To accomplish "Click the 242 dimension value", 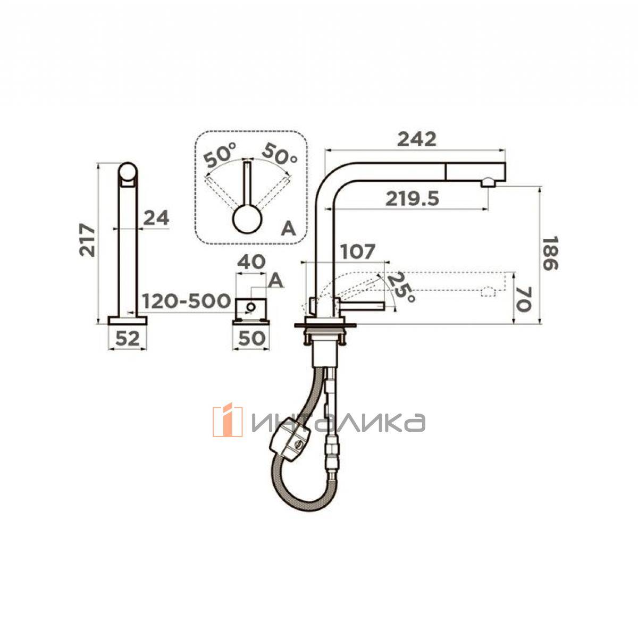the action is tap(416, 139).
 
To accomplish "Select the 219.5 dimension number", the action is tap(412, 199).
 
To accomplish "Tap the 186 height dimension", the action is tap(550, 253).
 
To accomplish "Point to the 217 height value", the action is tap(87, 240).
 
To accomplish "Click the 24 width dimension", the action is tap(156, 217).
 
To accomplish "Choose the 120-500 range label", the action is tap(187, 300).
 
